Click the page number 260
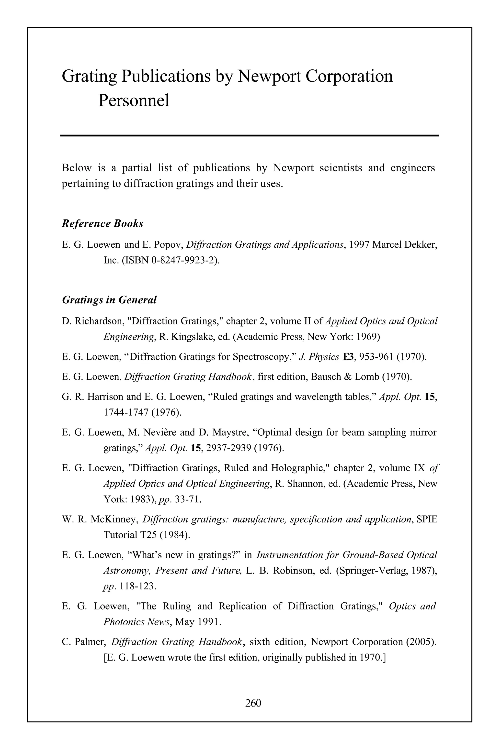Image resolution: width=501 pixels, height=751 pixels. (x=253, y=703)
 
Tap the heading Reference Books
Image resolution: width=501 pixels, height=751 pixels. (x=102, y=223)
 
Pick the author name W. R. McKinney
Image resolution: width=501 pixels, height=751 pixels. (x=100, y=519)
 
